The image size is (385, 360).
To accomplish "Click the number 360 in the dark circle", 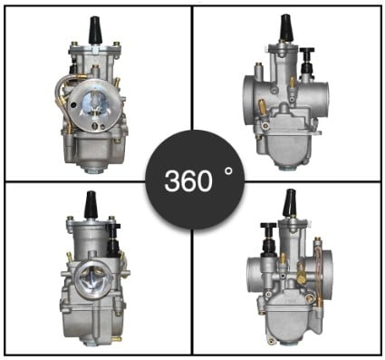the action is click(x=188, y=180).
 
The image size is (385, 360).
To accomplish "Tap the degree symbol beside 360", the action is click(x=229, y=172).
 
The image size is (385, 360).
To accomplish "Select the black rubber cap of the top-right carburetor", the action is click(x=286, y=27).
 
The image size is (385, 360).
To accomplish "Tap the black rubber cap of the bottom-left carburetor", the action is click(x=91, y=205).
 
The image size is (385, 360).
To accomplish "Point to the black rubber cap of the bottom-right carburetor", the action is click(x=289, y=202).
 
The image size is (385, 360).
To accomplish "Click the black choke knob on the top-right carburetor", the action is click(x=307, y=59).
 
